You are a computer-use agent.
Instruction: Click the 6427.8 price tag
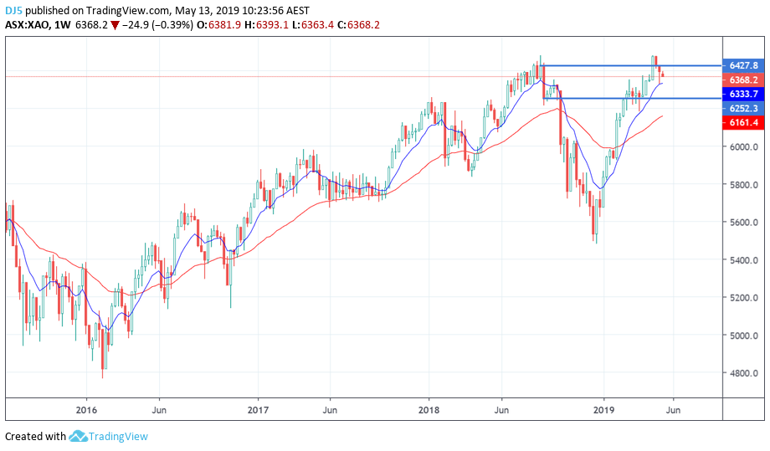743,65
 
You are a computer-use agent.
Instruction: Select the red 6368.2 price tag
743,79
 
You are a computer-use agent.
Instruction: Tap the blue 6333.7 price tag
743,94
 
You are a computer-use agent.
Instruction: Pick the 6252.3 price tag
743,108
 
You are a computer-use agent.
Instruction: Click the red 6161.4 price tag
743,122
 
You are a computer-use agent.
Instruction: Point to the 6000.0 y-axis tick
743,146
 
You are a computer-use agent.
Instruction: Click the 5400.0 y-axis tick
743,260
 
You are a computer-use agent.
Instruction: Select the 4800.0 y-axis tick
743,373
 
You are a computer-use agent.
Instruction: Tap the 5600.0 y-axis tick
743,223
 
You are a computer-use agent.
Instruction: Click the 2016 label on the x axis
86,410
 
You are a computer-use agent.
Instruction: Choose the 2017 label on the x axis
258,410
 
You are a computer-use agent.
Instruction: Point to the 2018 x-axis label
429,410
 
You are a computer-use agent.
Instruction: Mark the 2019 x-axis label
603,410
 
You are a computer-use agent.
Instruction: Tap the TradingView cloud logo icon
78,436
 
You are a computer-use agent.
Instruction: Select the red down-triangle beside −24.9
115,25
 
